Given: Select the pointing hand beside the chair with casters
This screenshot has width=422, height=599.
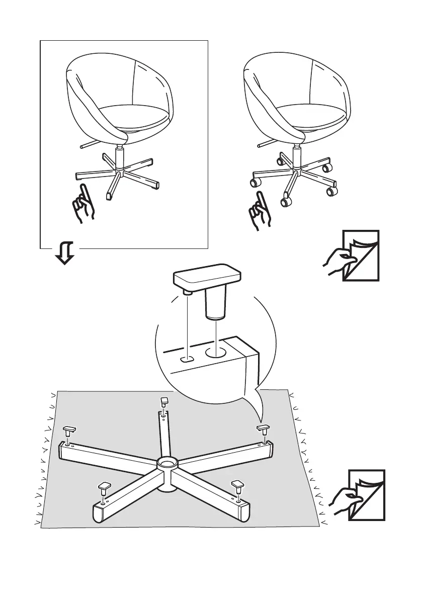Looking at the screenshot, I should pos(261,210).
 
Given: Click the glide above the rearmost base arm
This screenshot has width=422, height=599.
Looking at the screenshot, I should pos(164,401).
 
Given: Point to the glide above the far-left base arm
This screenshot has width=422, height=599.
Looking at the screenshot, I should pos(69,430).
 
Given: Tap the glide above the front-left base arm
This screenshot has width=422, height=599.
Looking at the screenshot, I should pos(104,486).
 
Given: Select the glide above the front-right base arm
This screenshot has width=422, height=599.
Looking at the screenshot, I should pos(237,485).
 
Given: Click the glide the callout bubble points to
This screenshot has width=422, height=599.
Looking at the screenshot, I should pos(263,428).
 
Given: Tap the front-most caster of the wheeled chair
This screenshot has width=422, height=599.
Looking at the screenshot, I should pos(287,202).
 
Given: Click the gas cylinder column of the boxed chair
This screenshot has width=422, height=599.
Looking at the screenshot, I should pos(120,158).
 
